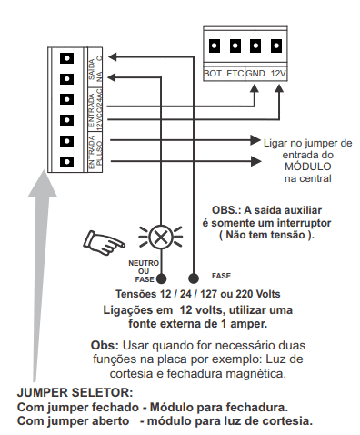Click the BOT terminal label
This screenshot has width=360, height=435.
pos(213,74)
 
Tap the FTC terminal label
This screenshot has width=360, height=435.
pos(235,74)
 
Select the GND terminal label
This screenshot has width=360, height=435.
pos(255,74)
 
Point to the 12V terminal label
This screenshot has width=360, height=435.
pos(278,74)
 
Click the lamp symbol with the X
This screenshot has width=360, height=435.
pos(161,237)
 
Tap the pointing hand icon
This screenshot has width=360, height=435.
pos(104,243)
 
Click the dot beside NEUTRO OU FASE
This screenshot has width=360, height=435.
pos(161,278)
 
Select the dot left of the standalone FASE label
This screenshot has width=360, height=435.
pos(194,278)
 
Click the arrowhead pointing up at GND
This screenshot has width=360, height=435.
pos(254,88)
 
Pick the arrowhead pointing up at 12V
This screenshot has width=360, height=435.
pos(279,88)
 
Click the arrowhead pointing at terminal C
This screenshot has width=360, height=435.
pos(112,56)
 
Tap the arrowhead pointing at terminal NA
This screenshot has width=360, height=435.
pos(112,77)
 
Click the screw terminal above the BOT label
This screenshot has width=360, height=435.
pos(215,46)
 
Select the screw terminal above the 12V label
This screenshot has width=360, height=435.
pos(276,46)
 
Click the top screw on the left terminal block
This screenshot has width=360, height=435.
pos(66,58)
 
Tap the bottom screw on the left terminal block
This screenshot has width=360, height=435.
pos(66,162)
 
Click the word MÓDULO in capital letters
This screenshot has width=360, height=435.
pos(308,167)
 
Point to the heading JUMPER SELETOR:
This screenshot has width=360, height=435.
pos(75,392)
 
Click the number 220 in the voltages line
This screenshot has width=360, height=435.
pos(245,294)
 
